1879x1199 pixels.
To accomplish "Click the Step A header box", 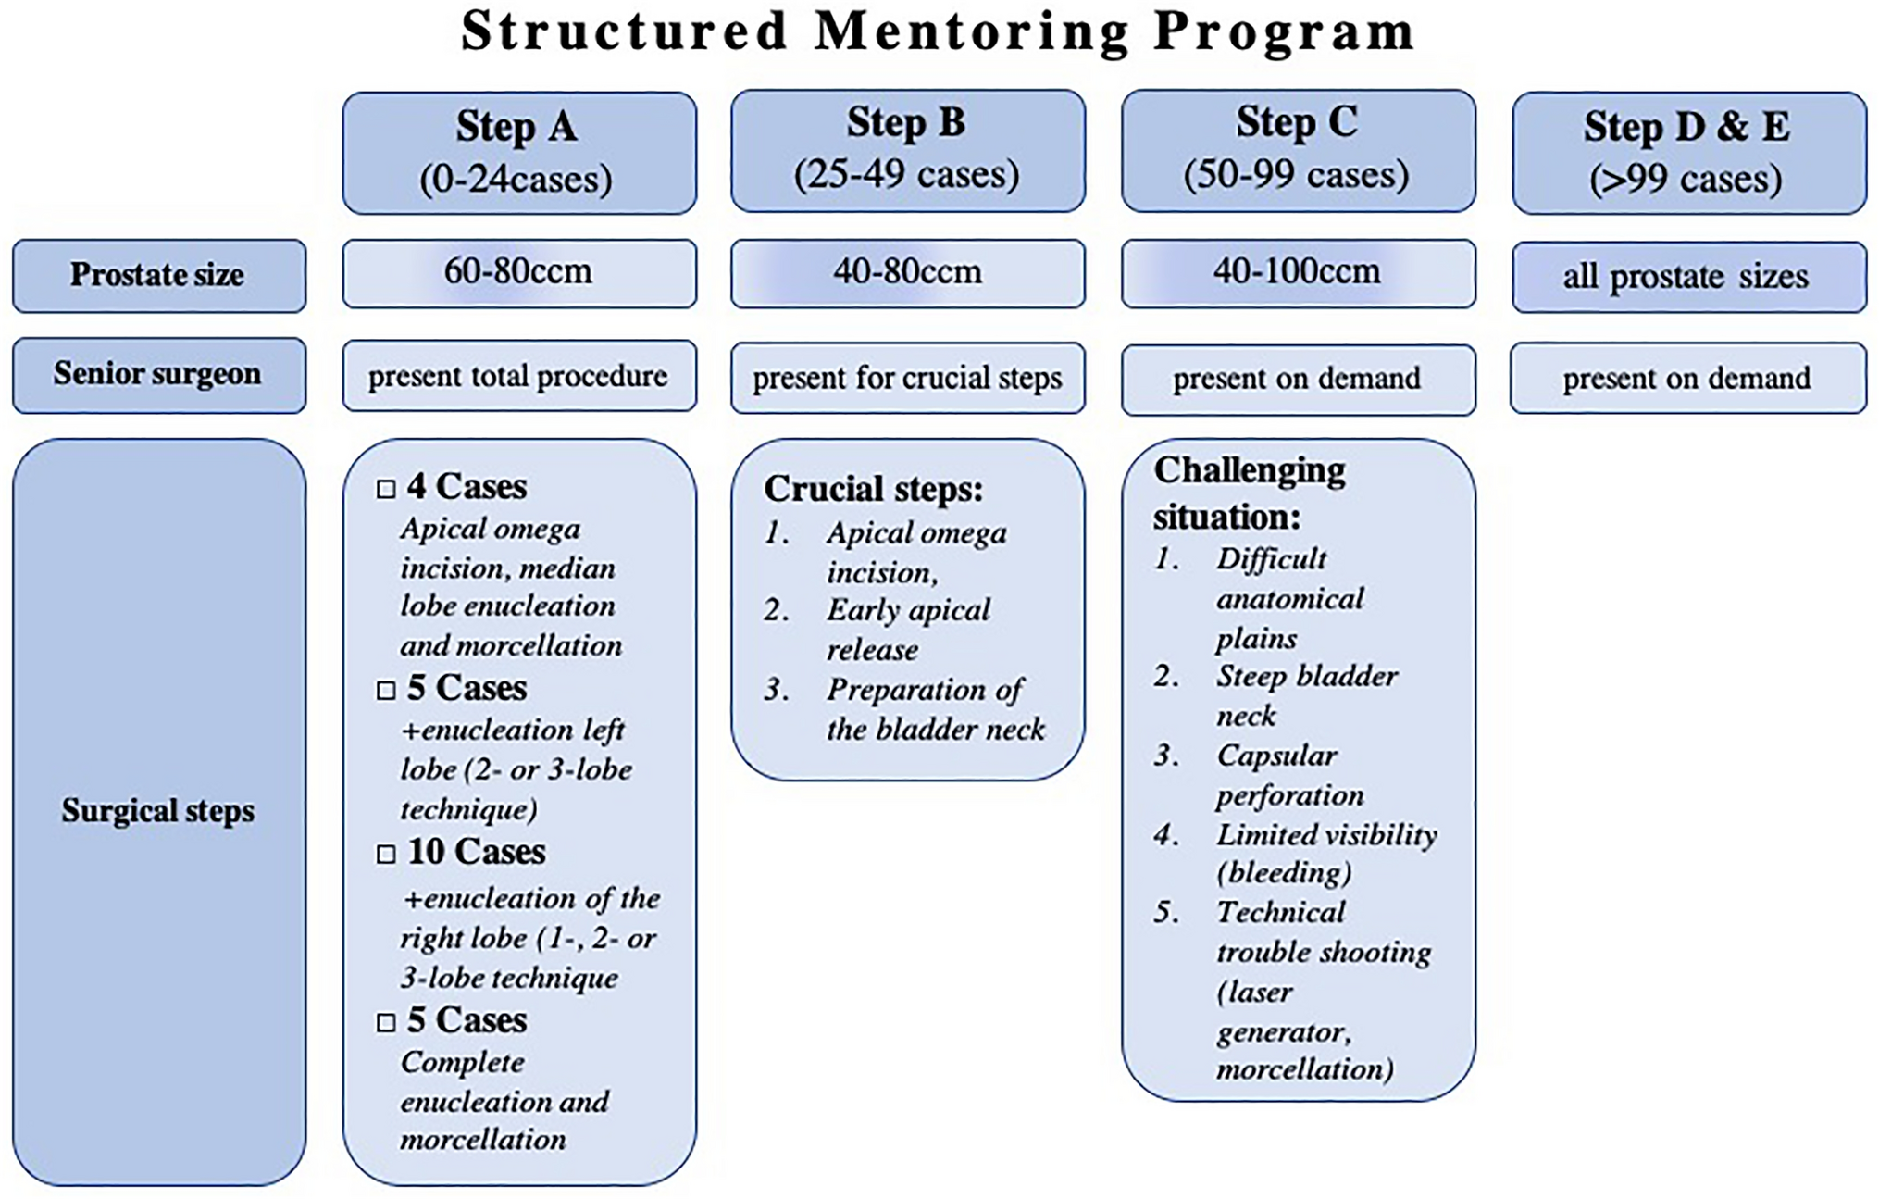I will [x=518, y=153].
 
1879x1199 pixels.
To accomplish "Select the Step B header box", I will [x=907, y=150].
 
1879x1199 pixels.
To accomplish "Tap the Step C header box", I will [x=1298, y=150].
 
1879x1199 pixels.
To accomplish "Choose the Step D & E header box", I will [x=1688, y=153].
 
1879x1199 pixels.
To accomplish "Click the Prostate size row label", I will [x=158, y=275].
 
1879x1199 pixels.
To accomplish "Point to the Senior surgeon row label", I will [x=158, y=374].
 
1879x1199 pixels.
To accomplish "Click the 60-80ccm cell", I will [x=518, y=273].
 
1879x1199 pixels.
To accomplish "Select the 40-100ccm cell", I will [x=1298, y=273].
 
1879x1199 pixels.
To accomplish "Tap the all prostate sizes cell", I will [x=1688, y=276].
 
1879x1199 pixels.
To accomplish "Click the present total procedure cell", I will [x=518, y=376].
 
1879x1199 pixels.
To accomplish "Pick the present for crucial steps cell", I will [x=907, y=378].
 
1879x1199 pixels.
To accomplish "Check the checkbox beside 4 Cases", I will [x=386, y=489].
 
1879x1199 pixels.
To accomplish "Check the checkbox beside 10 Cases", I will [x=386, y=854].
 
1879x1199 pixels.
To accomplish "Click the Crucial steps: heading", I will [x=873, y=489].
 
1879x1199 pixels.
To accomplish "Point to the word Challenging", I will [x=1249, y=471].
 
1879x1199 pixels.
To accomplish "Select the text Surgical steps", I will [x=158, y=811].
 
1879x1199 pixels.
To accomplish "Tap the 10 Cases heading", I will [x=476, y=852].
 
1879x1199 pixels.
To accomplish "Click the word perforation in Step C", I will [x=1289, y=795].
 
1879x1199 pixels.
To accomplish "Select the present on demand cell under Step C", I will [x=1298, y=379].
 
